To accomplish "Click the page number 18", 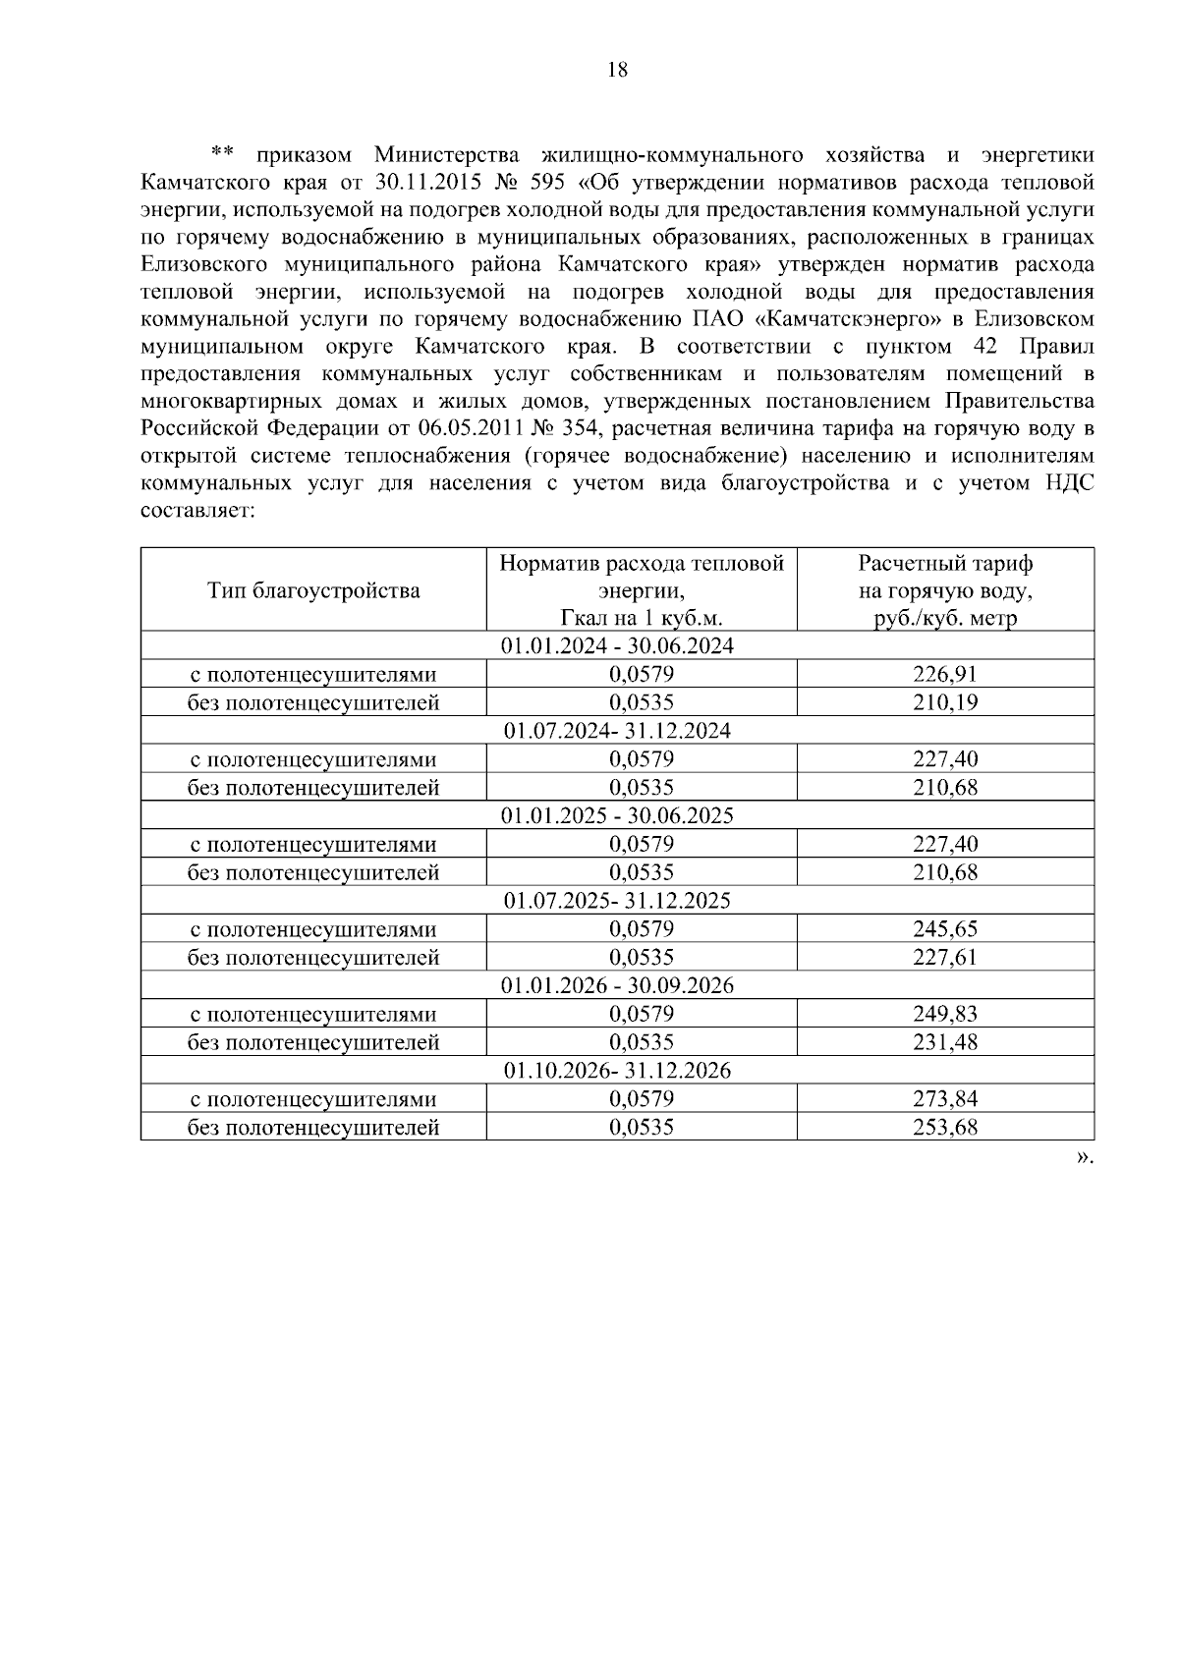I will pos(617,70).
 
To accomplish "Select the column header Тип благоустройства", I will pos(313,590).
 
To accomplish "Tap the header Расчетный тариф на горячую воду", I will pos(945,590).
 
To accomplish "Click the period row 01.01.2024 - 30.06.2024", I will pos(617,646).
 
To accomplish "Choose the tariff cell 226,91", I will pos(945,674).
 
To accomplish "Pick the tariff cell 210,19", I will pos(945,702).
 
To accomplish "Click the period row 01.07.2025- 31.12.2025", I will pos(617,901).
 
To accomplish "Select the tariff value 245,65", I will pos(945,929).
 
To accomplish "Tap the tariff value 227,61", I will pos(945,958).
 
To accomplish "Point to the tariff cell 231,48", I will pos(945,1042).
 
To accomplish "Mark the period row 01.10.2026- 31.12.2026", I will pos(617,1071).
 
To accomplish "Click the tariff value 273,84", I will pos(945,1099).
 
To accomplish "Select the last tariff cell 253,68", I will pos(945,1128).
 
